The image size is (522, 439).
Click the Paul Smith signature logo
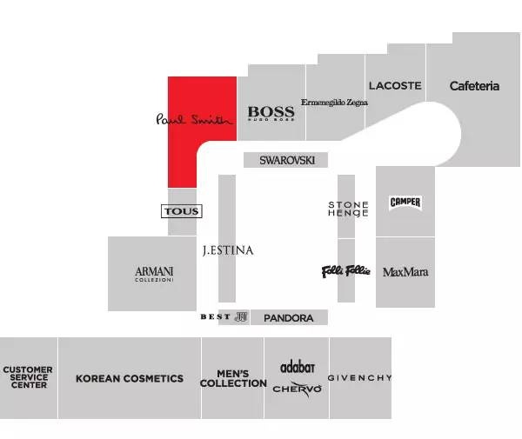click(195, 119)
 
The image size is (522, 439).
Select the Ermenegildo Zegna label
click(334, 103)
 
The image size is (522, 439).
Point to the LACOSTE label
click(395, 86)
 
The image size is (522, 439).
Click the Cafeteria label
click(474, 86)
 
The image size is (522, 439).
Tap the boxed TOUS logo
click(182, 211)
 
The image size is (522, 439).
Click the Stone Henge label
click(348, 209)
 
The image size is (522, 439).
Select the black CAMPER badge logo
click(405, 203)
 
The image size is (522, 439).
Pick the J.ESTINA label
click(227, 250)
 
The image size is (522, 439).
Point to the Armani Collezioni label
click(154, 273)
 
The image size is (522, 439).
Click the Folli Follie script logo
click(346, 271)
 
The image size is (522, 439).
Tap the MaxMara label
click(405, 272)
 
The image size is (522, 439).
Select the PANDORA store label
click(288, 318)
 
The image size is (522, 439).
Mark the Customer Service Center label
click(28, 377)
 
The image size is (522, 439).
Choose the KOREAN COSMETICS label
click(130, 378)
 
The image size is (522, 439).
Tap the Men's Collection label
click(233, 378)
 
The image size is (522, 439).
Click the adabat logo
click(297, 368)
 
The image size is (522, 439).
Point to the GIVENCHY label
click(359, 378)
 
